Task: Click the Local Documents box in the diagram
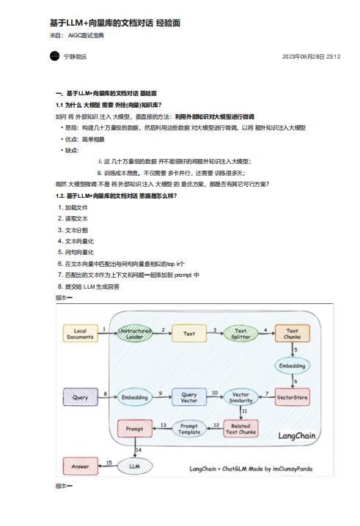pyautogui.click(x=80, y=334)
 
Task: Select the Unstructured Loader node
pyautogui.click(x=134, y=334)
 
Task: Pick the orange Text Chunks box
pyautogui.click(x=293, y=334)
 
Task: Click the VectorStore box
pyautogui.click(x=293, y=398)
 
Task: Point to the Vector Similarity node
pyautogui.click(x=240, y=398)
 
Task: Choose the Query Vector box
pyautogui.click(x=189, y=398)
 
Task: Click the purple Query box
pyautogui.click(x=80, y=398)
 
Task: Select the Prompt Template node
pyautogui.click(x=189, y=429)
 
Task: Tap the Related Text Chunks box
pyautogui.click(x=240, y=429)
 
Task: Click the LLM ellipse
pyautogui.click(x=134, y=465)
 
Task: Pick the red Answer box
pyautogui.click(x=80, y=465)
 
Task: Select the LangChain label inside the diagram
pyautogui.click(x=297, y=435)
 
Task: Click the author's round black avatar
pyautogui.click(x=54, y=56)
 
